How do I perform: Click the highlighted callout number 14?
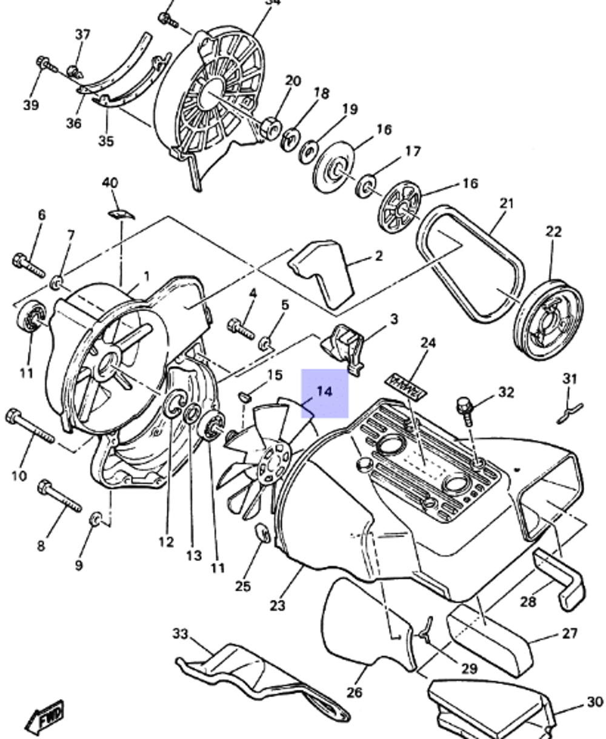(325, 392)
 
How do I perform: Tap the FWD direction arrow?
(45, 719)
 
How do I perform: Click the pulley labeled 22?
(548, 320)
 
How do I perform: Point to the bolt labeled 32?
(466, 408)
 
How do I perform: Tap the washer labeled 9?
(96, 519)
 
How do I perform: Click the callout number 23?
(277, 605)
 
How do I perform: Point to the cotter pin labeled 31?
(570, 411)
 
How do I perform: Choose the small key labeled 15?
(245, 397)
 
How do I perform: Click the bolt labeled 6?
(28, 265)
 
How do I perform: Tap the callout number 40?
(110, 182)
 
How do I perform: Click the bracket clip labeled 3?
(344, 344)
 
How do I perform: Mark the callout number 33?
(181, 633)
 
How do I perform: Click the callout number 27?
(570, 633)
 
